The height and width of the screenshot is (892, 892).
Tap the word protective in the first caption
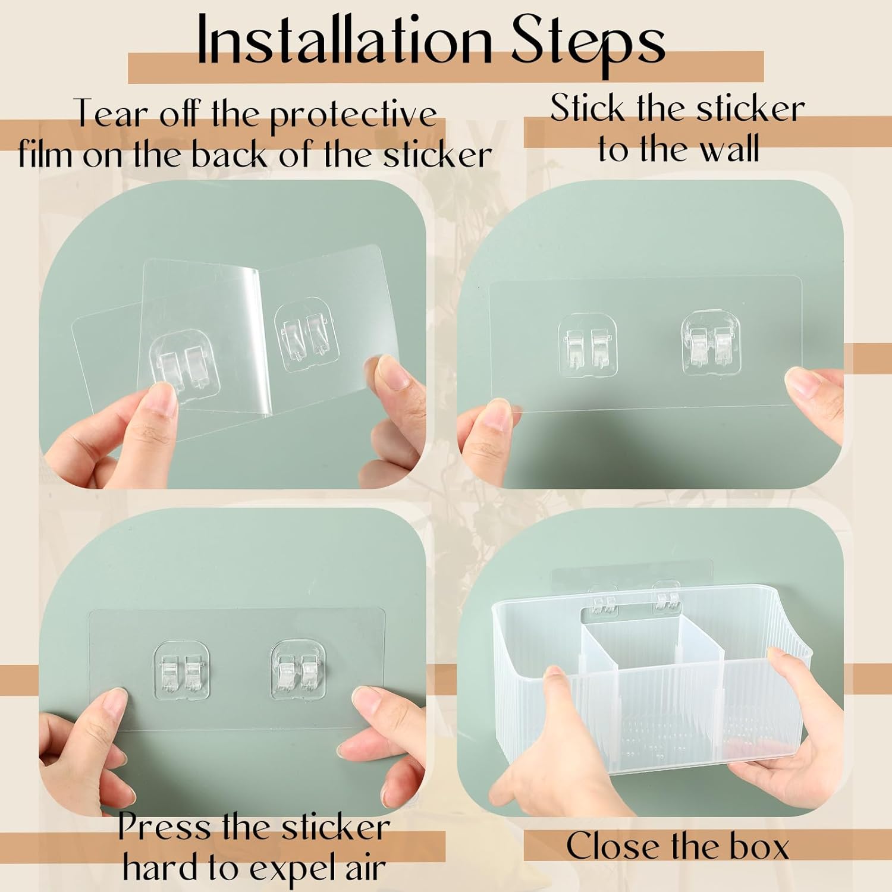coord(353,114)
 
